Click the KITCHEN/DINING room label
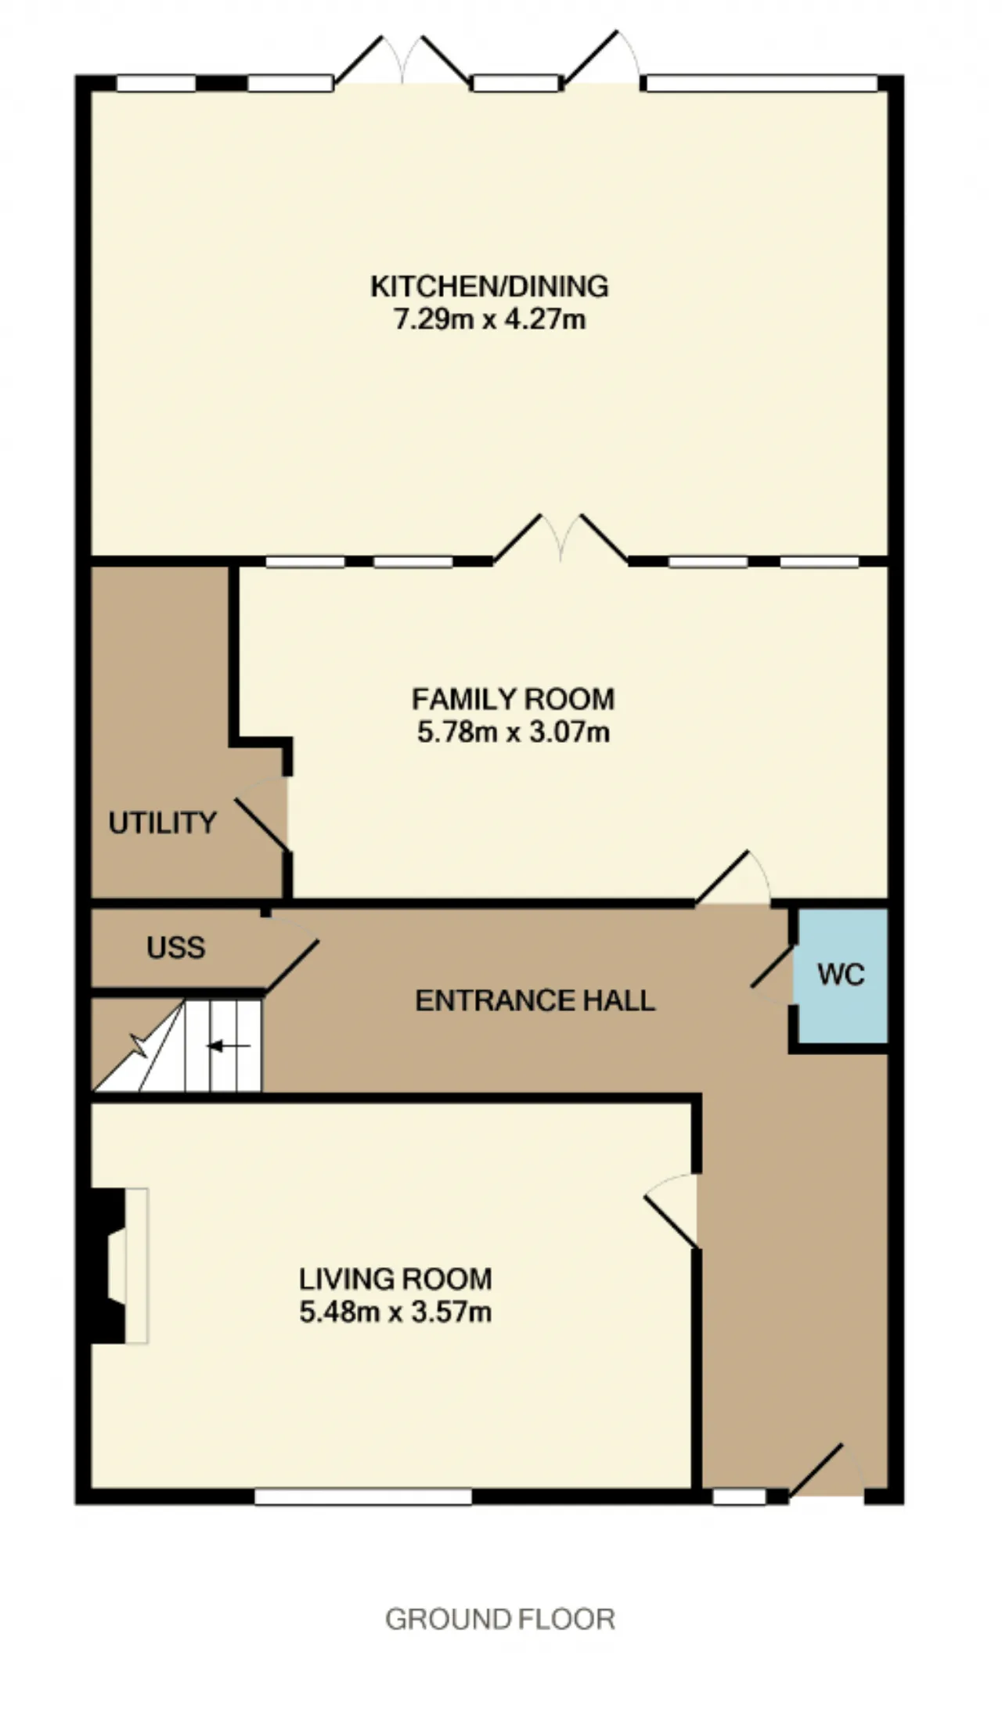tap(489, 286)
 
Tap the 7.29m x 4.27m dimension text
tap(489, 320)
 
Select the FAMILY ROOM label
tap(514, 698)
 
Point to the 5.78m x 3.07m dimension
tap(514, 733)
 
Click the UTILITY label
tap(162, 823)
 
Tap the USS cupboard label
tap(176, 948)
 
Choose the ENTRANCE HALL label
tap(535, 1000)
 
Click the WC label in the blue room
tap(841, 974)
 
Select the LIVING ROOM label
tap(395, 1279)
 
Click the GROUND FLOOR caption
tap(500, 1619)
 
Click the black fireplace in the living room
tap(108, 1266)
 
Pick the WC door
tap(773, 966)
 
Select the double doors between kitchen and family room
tap(560, 539)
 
